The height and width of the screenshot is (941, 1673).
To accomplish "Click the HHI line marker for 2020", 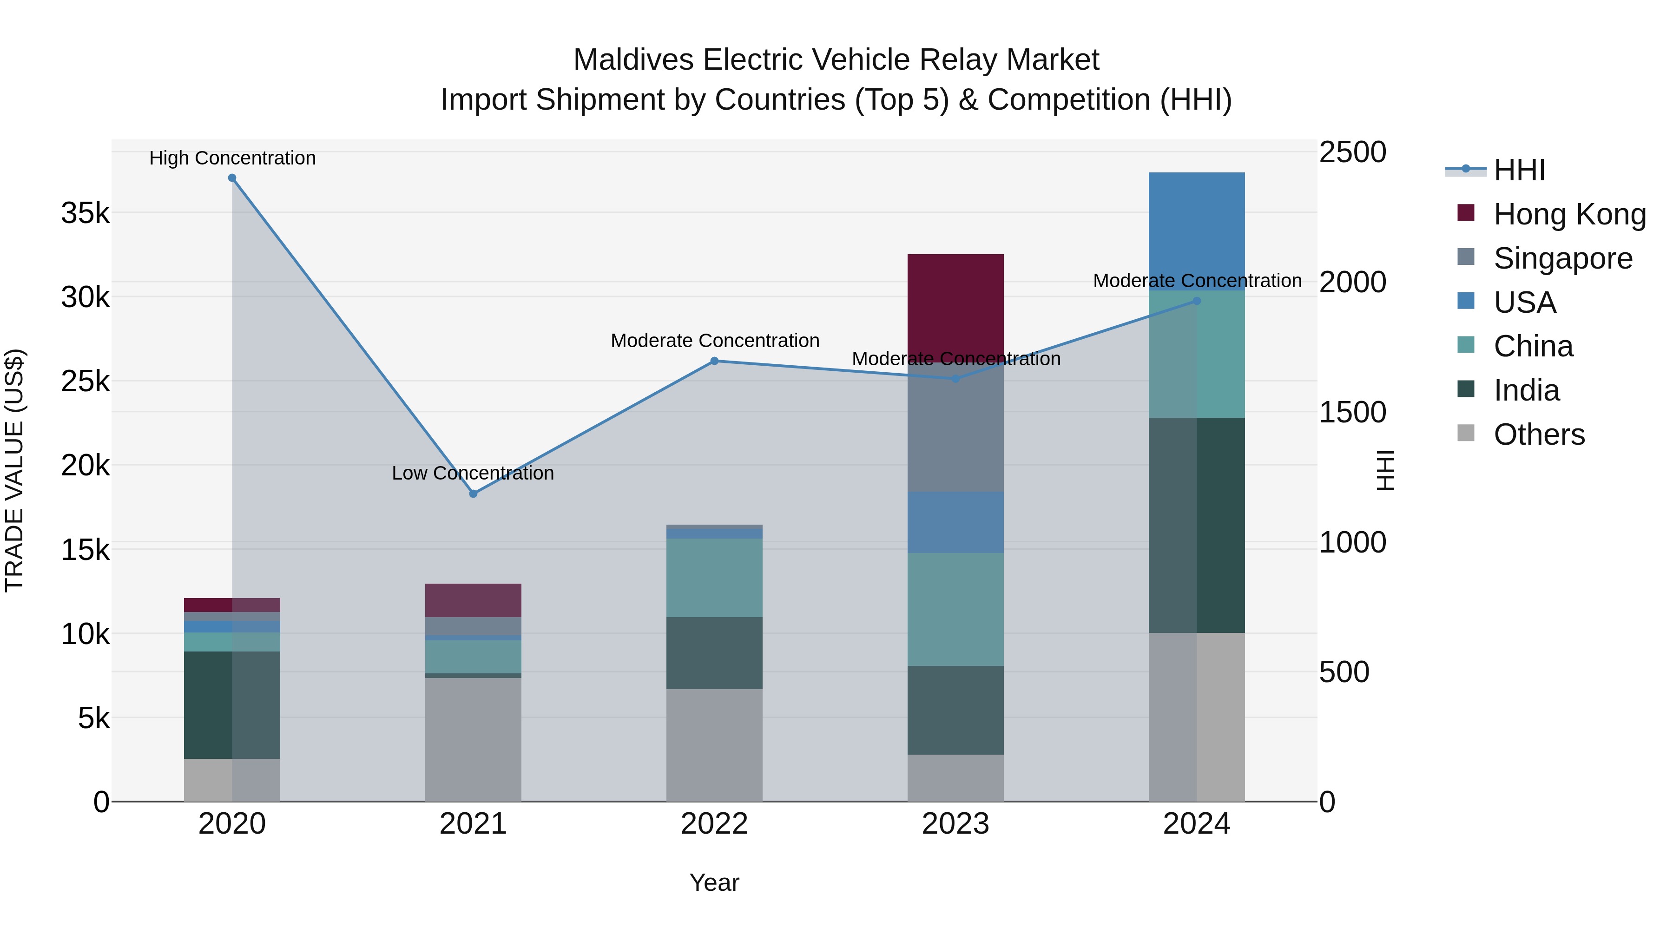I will tap(232, 178).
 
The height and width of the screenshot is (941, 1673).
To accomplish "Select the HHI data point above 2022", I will tap(714, 361).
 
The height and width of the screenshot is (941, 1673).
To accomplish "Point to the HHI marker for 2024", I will tap(1197, 301).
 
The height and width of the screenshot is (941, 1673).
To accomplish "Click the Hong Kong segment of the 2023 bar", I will tap(955, 305).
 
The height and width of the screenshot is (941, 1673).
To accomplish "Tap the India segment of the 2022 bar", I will tap(714, 653).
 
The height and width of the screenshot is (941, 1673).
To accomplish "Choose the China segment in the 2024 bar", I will tap(1197, 354).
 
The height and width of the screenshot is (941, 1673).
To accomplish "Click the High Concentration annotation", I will tap(232, 158).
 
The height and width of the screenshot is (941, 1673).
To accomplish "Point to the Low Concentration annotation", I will tap(473, 473).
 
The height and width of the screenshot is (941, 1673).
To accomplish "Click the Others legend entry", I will tap(1539, 434).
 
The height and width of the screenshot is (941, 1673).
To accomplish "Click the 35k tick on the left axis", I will tap(85, 213).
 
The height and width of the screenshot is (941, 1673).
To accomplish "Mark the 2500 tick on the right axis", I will tap(1352, 152).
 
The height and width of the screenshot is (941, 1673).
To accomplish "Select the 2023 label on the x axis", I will tap(955, 824).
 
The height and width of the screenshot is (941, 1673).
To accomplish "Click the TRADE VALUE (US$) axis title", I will tap(14, 470).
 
